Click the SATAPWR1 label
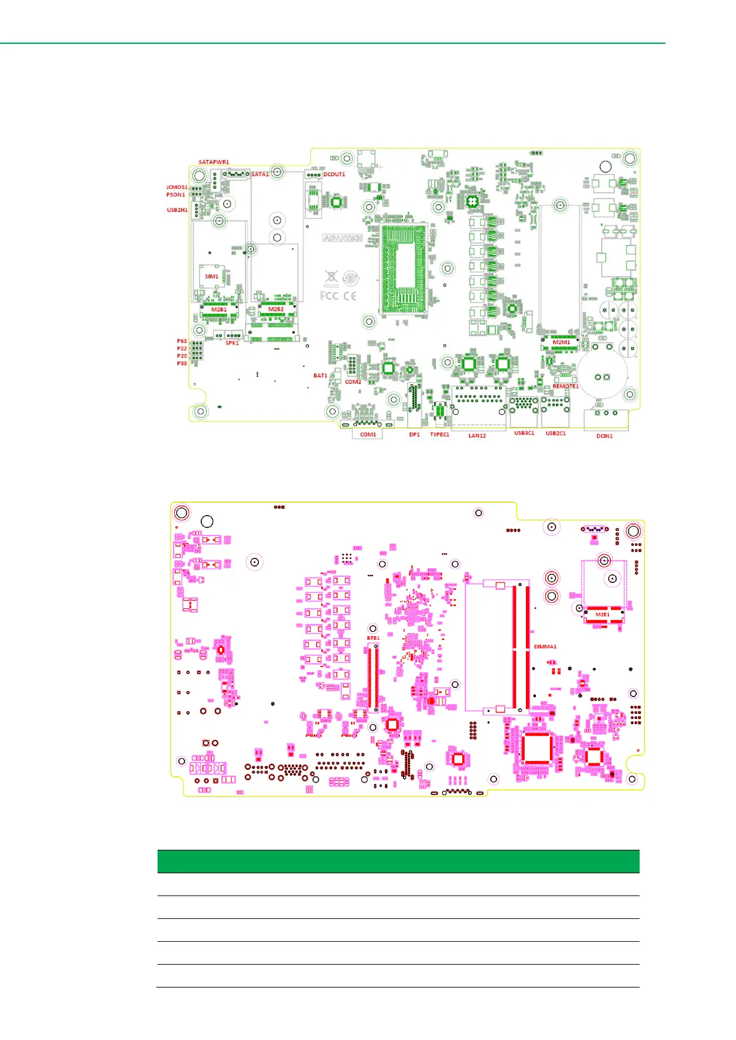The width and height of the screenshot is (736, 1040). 214,162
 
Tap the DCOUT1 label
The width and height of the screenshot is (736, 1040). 334,174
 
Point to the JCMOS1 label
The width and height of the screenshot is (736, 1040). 176,187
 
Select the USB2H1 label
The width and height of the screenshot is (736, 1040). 177,210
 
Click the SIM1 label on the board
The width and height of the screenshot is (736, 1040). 211,277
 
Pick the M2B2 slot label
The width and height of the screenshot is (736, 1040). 276,309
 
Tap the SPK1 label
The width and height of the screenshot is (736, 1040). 232,343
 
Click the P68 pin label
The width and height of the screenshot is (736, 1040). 182,341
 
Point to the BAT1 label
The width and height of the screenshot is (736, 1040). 320,375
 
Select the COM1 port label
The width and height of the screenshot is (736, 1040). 368,435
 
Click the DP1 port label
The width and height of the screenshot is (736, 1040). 414,435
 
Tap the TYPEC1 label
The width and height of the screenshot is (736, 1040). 439,435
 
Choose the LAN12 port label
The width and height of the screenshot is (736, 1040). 476,435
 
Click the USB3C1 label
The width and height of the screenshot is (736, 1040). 524,434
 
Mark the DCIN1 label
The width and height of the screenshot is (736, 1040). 604,436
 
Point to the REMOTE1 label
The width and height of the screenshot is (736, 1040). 565,387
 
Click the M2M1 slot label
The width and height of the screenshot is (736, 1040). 561,342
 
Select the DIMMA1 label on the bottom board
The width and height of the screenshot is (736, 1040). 545,647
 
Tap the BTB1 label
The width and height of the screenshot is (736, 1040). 373,638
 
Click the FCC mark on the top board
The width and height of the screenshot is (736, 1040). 329,296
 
